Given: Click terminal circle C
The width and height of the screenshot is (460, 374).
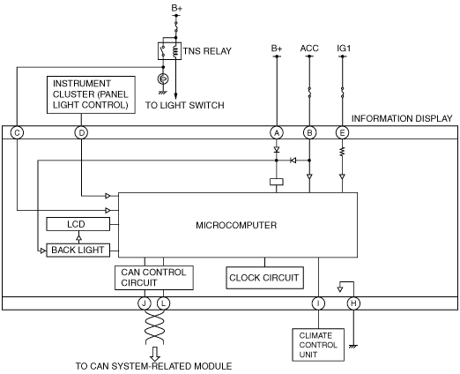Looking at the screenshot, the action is [x=17, y=133].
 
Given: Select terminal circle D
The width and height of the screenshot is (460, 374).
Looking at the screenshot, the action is [x=81, y=133].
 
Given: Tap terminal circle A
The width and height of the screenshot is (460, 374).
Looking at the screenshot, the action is [x=277, y=133].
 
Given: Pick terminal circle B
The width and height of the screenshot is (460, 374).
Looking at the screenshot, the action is [x=309, y=133].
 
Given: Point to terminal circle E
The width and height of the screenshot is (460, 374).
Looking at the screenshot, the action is [x=342, y=133].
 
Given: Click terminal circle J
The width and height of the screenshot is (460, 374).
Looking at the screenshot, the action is [x=145, y=303].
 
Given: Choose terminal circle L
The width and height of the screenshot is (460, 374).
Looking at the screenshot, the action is [x=163, y=303].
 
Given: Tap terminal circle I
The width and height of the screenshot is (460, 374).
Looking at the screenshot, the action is [x=318, y=303].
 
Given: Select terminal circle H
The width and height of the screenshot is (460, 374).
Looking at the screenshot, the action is [x=353, y=303].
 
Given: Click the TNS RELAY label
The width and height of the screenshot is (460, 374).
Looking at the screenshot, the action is [x=207, y=51].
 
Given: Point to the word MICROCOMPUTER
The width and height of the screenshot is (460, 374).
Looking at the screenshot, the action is [x=236, y=225].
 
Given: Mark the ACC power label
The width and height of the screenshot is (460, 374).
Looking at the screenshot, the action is [x=309, y=49].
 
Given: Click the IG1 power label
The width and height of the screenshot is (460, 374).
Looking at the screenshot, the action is [x=344, y=49].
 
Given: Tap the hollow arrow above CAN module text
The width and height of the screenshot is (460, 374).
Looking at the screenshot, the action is [x=155, y=354].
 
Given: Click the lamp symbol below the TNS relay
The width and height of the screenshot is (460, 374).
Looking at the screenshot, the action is [x=163, y=79].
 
